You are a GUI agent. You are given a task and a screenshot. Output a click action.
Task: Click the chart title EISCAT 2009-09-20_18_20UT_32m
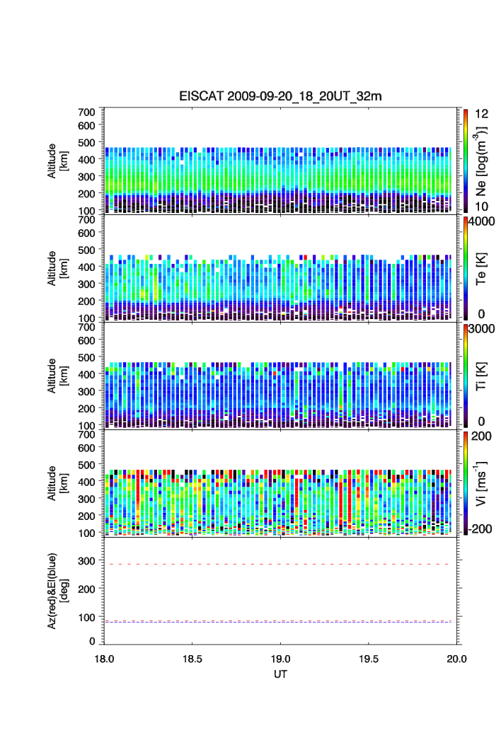[281, 96]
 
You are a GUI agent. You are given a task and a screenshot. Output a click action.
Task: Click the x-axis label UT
[281, 673]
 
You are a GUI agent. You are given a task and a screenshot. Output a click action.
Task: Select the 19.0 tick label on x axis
[281, 658]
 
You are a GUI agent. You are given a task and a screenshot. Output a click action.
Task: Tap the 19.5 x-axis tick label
[369, 658]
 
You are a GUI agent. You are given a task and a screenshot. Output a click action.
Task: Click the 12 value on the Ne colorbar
[477, 113]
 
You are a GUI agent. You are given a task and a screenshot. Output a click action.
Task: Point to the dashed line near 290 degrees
[281, 564]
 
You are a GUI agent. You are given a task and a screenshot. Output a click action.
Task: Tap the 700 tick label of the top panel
[87, 112]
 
